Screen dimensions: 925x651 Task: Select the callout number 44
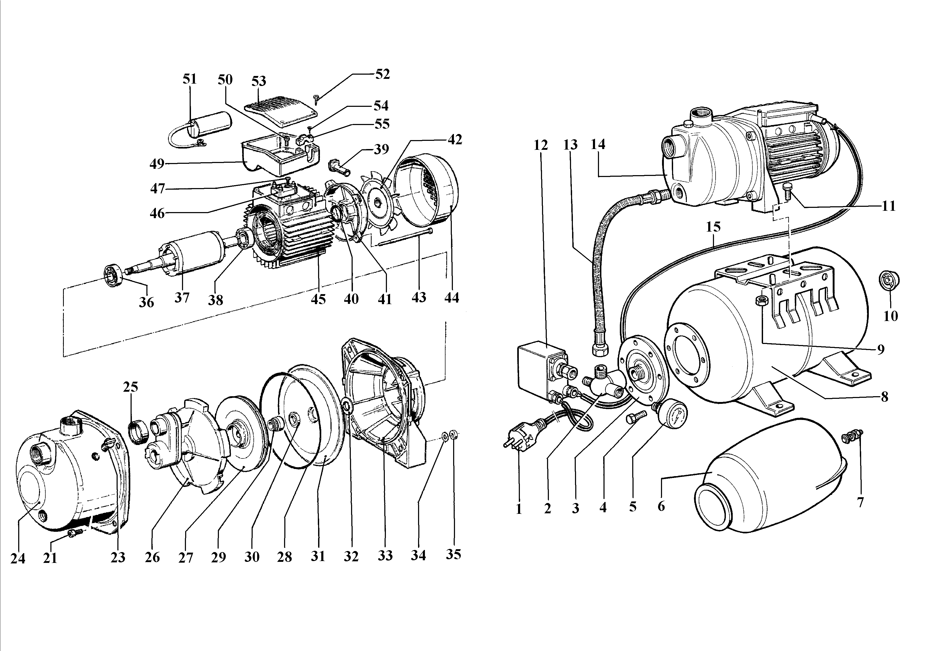click(452, 298)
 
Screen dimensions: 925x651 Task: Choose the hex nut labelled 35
click(453, 435)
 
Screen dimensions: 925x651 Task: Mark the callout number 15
click(713, 227)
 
